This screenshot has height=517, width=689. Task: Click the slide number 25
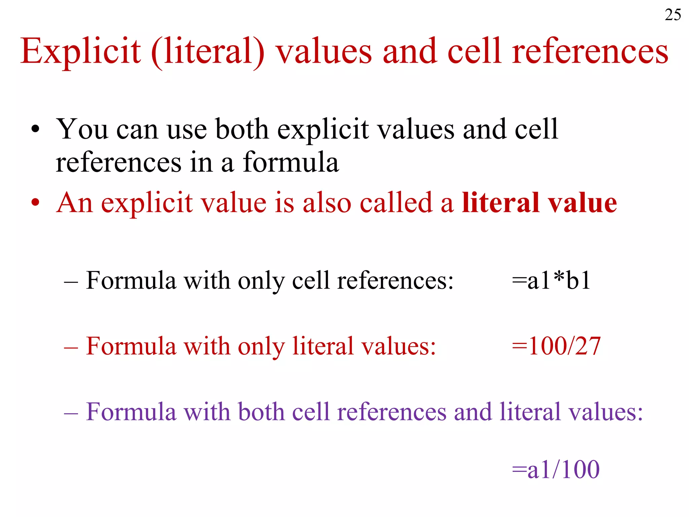coord(673,15)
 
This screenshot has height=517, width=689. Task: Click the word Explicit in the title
coord(80,51)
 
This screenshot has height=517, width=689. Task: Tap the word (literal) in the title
coord(208,52)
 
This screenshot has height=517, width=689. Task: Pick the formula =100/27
coord(556,346)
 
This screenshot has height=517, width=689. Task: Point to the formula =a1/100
coord(555,469)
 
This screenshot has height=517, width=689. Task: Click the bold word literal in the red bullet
coord(500,203)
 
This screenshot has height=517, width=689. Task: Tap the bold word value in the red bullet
coord(582,203)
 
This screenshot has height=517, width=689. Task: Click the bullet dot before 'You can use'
coord(35,130)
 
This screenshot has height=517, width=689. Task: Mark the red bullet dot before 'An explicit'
coord(35,203)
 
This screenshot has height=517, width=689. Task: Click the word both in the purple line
coord(261,412)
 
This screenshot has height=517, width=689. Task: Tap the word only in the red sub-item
coord(261,347)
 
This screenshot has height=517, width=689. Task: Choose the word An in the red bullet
coord(74,203)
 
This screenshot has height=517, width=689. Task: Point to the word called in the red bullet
coord(396,203)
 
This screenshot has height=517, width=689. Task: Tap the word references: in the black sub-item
coord(395,280)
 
